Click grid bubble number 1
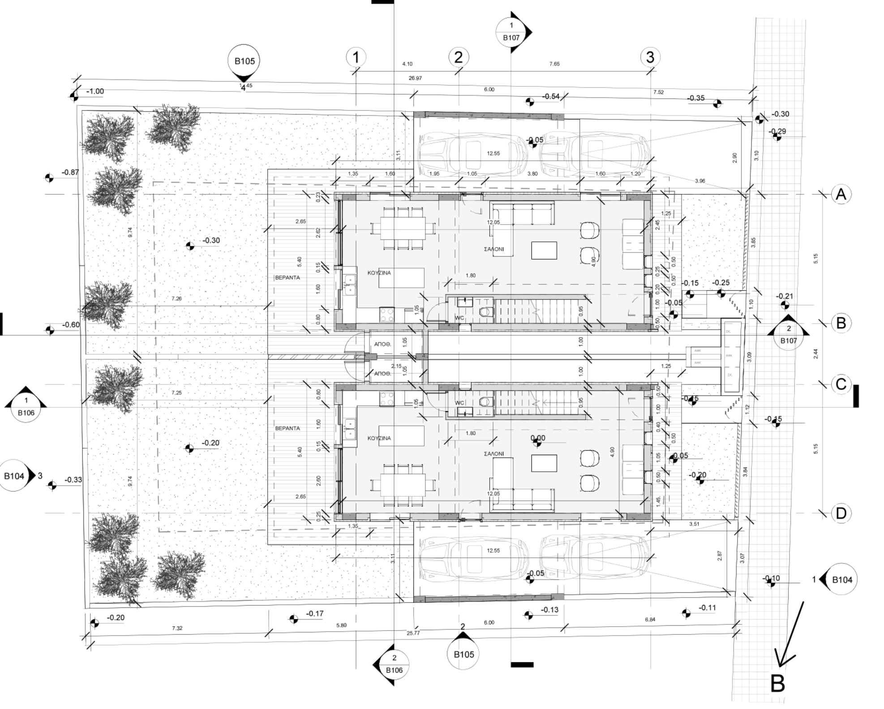(x=356, y=57)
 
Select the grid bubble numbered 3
(x=650, y=57)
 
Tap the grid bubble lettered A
(x=841, y=194)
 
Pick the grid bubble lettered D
(x=841, y=513)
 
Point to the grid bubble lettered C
(x=841, y=384)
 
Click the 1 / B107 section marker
(x=511, y=32)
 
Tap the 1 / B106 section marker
(x=26, y=406)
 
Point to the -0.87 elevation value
(x=70, y=172)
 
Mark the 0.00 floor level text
(x=538, y=438)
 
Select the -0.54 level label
(x=551, y=96)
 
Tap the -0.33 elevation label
(x=73, y=480)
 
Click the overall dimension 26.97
(x=415, y=78)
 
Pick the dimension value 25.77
(x=413, y=633)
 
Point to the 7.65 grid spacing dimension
(x=554, y=64)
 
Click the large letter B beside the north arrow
(x=777, y=683)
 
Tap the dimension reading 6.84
(x=650, y=619)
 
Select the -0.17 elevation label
(x=315, y=613)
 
